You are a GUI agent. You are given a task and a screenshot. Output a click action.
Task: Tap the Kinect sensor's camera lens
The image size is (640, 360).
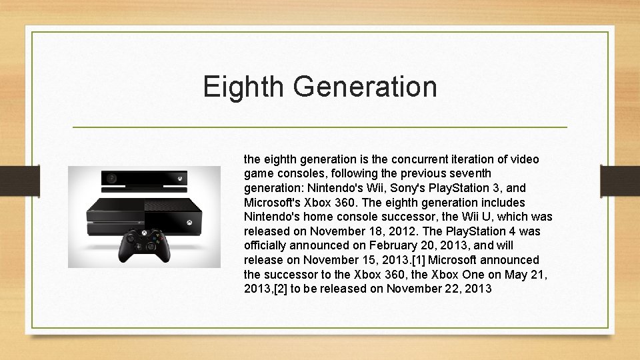tap(112, 179)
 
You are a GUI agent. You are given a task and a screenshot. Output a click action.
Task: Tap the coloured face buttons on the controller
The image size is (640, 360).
tap(158, 237)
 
